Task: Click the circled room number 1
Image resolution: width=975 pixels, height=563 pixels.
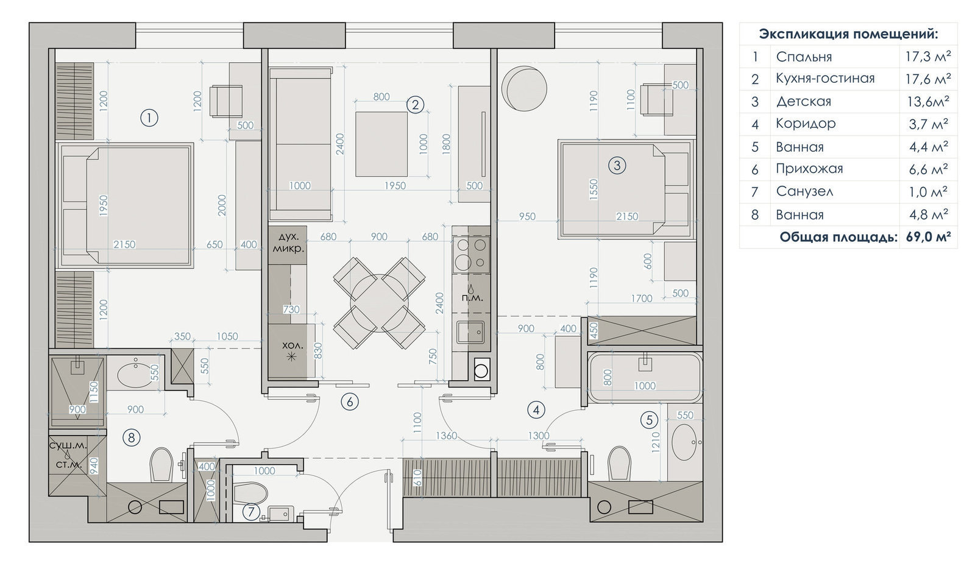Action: (149, 118)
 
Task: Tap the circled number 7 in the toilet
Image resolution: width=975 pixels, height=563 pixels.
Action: (250, 512)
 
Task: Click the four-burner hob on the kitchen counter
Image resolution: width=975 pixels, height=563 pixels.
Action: (472, 254)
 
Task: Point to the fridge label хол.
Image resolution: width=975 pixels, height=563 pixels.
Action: (292, 345)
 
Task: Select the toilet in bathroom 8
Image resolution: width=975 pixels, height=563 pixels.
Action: (161, 465)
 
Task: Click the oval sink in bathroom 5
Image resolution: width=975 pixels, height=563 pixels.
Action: (684, 442)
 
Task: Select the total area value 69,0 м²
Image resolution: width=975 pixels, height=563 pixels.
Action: (929, 237)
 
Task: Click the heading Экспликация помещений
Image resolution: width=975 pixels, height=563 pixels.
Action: (848, 34)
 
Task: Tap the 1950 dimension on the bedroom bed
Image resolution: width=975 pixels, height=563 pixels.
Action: (103, 206)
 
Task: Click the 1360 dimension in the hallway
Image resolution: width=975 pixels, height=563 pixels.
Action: (445, 436)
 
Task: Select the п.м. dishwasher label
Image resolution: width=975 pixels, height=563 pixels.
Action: (472, 299)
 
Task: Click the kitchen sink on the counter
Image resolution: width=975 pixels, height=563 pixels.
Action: (470, 333)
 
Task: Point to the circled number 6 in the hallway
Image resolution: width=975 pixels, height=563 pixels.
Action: (350, 402)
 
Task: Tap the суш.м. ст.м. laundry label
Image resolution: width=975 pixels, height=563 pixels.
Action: (68, 455)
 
